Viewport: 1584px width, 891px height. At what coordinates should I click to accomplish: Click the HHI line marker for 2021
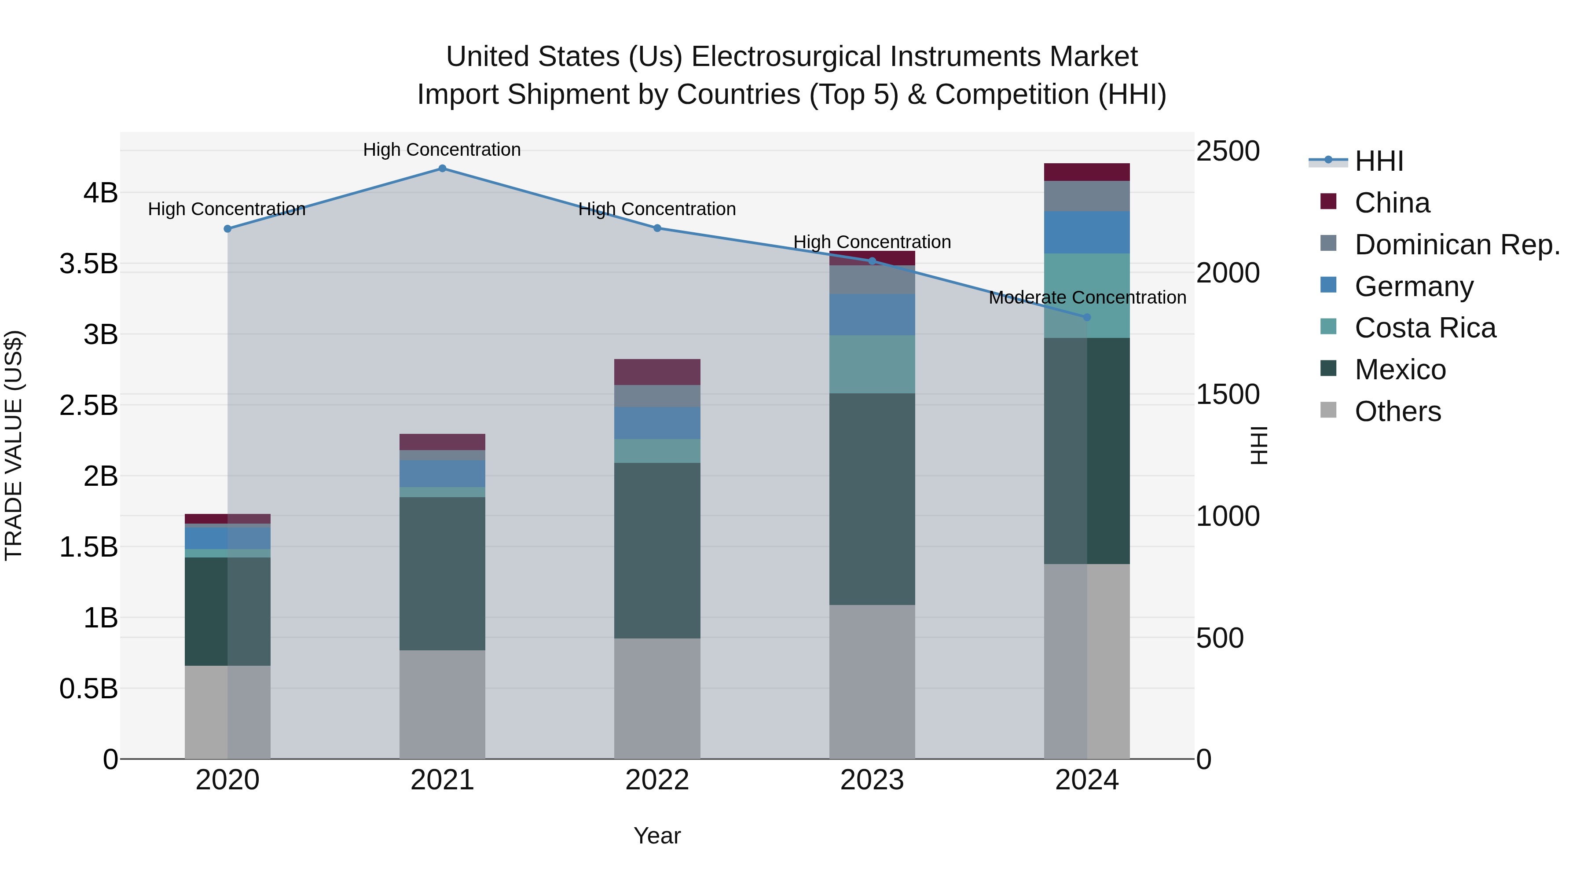(x=442, y=169)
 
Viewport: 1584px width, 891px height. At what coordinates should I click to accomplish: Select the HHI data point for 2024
(x=1086, y=317)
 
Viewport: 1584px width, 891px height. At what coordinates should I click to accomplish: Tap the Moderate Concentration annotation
(x=1087, y=297)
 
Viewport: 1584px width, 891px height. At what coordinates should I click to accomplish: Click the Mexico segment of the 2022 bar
(x=657, y=550)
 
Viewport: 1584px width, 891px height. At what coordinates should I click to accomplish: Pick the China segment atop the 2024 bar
(x=1086, y=172)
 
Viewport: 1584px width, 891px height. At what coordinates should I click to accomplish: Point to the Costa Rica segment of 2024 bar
(x=1086, y=295)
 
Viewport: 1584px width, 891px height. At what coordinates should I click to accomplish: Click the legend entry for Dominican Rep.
(x=1457, y=245)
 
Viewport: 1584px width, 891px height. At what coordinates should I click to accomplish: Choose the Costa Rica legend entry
(x=1425, y=328)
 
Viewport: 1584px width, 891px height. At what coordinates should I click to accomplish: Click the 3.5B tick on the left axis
(x=88, y=264)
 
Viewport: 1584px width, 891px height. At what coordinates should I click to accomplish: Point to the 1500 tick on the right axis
(x=1227, y=395)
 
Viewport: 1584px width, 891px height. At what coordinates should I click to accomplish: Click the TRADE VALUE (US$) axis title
(x=14, y=445)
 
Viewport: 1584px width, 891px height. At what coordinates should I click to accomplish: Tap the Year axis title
(x=657, y=836)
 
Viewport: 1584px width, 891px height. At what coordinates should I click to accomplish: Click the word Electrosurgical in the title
(x=786, y=57)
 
